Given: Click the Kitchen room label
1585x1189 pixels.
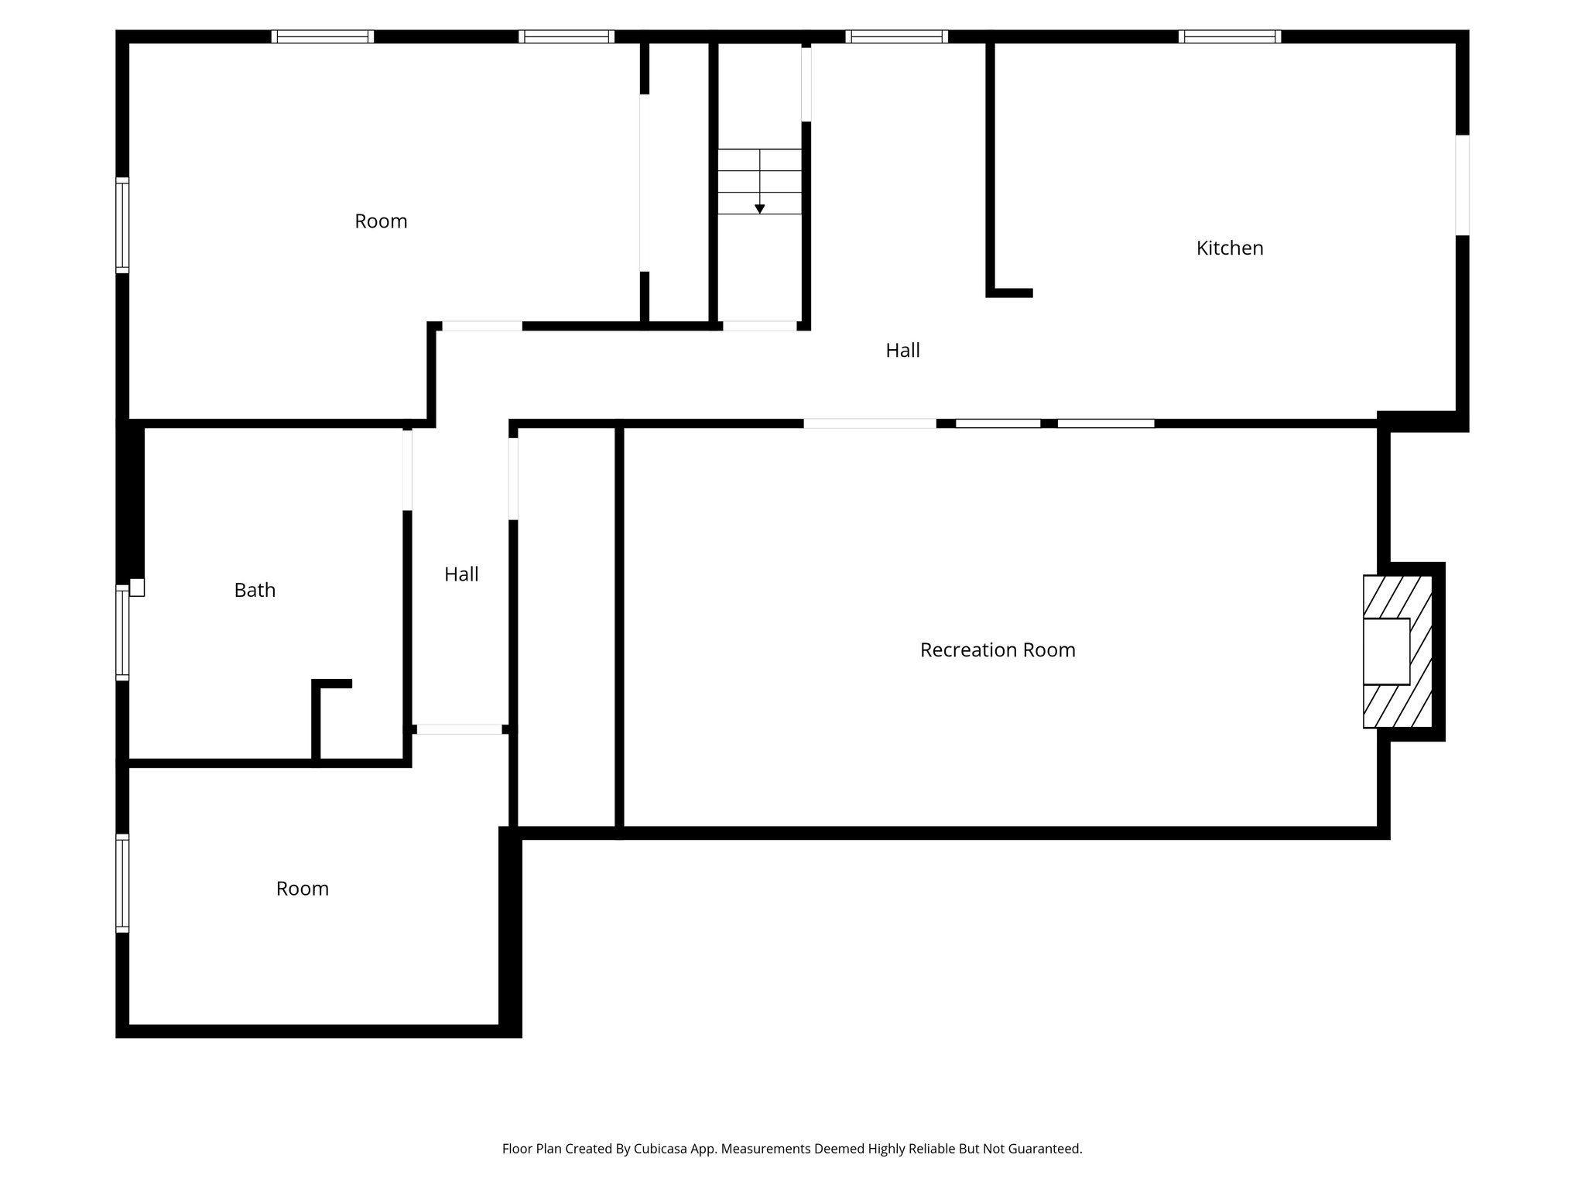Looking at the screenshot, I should [1229, 248].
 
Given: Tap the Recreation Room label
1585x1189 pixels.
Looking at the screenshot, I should [997, 650].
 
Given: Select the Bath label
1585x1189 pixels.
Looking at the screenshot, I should [255, 591].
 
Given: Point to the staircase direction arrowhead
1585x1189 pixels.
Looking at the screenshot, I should [759, 209].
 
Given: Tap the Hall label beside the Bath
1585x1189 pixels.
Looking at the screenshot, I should [461, 574].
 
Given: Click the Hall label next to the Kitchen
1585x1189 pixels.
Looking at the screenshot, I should [902, 351].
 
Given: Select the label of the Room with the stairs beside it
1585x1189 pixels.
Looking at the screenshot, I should [381, 221].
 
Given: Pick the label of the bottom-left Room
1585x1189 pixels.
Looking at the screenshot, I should [303, 889].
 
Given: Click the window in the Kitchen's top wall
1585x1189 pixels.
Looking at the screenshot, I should [1229, 36].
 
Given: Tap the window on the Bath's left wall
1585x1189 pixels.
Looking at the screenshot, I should [122, 632].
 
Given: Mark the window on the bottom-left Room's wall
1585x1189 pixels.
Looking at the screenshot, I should [122, 882].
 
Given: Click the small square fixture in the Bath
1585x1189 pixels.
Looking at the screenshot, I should [137, 588].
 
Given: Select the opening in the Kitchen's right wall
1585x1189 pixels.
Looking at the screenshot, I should [1462, 185].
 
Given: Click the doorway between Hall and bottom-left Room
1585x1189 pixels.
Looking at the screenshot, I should [459, 729].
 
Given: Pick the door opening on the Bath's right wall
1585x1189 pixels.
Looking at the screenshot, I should [407, 470].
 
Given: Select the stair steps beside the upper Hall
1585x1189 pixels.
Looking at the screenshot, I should [759, 181].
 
